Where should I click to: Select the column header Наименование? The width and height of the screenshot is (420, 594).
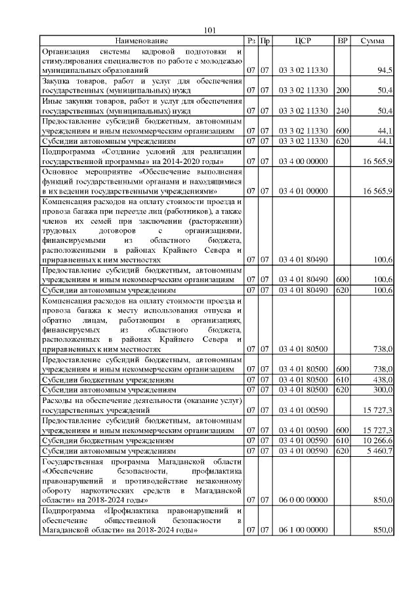click(142, 41)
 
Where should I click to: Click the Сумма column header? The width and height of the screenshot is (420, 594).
click(373, 41)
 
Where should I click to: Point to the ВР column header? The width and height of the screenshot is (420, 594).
click(342, 41)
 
